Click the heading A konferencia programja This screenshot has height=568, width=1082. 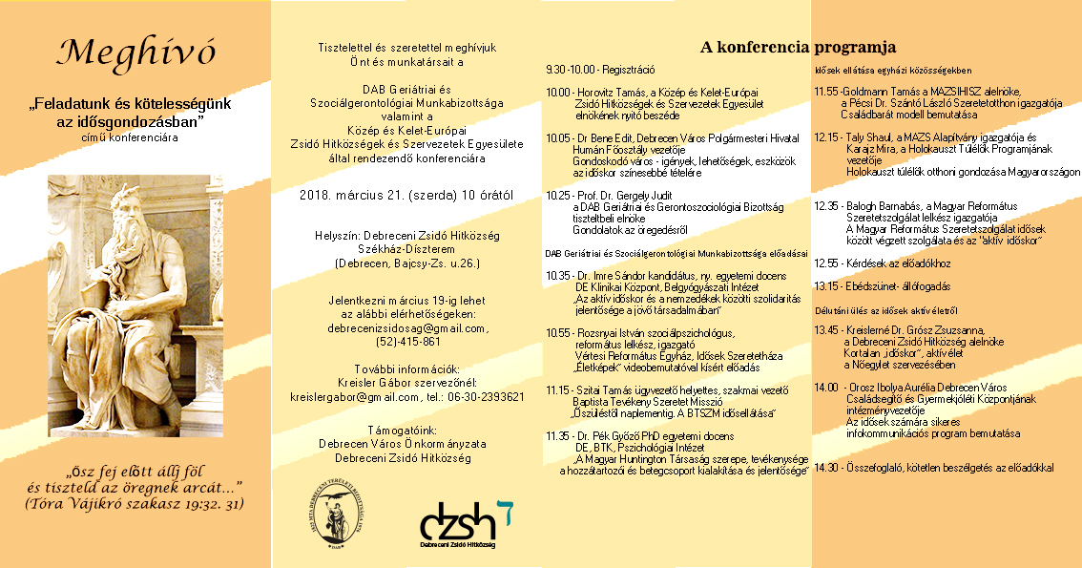tap(798, 46)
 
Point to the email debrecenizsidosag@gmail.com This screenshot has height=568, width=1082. tap(407, 327)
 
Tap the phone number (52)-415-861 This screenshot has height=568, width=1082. tap(408, 341)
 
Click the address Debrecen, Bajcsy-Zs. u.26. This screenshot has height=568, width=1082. tap(407, 263)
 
